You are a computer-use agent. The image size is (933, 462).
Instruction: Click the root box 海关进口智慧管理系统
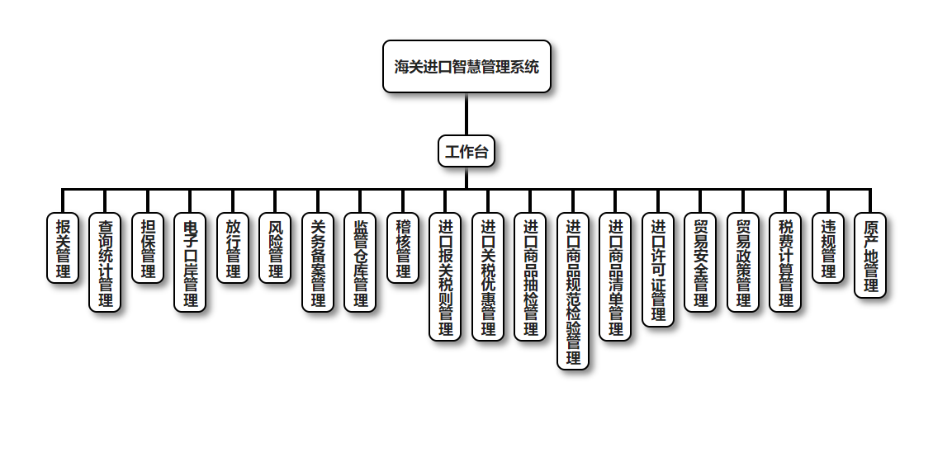(466, 67)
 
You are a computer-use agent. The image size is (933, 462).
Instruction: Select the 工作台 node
(466, 152)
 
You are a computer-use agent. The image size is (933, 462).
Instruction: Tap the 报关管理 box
(63, 247)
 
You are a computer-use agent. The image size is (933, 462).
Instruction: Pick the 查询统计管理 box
(105, 262)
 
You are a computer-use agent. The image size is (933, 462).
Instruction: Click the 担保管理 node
(148, 247)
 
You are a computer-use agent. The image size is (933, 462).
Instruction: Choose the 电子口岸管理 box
(190, 262)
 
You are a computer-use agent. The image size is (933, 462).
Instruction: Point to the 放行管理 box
(233, 247)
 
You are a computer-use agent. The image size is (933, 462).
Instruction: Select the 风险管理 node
(275, 247)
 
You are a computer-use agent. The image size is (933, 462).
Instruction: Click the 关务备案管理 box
(318, 262)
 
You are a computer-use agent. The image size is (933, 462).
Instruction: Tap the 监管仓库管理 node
(360, 262)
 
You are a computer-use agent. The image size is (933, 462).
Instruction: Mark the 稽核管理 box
(403, 247)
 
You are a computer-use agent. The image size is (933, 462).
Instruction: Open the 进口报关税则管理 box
(445, 277)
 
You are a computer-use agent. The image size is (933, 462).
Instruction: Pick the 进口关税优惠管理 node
(488, 277)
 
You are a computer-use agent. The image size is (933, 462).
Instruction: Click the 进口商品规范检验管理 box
(573, 291)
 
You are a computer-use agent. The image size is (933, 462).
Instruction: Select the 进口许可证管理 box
(658, 270)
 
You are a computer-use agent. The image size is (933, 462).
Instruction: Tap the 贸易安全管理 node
(700, 262)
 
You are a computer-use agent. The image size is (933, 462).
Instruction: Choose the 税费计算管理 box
(785, 262)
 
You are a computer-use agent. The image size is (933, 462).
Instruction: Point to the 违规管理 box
(828, 247)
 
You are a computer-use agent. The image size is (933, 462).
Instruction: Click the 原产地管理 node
(870, 255)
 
